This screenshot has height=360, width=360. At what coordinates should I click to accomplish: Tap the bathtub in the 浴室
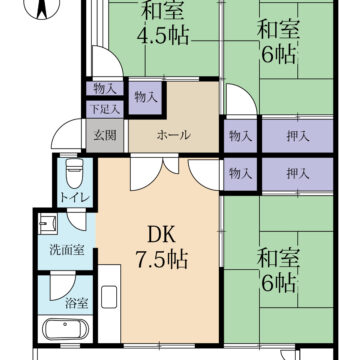65,329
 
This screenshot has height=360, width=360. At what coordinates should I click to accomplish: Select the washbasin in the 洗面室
48,223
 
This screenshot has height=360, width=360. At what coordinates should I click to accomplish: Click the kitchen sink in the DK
109,297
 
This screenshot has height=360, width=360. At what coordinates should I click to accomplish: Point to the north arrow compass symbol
42,8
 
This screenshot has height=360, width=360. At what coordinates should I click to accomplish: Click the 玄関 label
105,136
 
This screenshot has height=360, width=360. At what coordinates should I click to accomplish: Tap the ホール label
173,135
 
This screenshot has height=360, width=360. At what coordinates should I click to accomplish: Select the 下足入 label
104,109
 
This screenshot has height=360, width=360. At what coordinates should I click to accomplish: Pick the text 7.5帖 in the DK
162,259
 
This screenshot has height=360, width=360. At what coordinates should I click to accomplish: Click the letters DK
161,236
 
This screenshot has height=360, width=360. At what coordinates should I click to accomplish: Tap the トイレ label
75,198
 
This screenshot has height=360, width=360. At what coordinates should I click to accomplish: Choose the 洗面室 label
66,250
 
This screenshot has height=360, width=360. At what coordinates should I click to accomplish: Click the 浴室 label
77,304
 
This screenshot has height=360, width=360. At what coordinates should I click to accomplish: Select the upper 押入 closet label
297,136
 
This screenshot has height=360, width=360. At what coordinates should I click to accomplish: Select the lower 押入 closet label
297,173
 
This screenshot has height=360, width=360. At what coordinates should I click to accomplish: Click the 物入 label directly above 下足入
104,89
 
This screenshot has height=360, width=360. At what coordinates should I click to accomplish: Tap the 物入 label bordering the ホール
146,97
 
